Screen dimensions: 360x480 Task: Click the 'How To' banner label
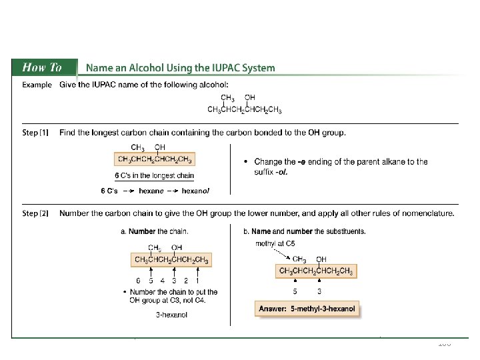(x=42, y=67)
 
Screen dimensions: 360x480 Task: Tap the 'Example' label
(x=37, y=85)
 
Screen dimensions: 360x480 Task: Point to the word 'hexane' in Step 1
(x=151, y=191)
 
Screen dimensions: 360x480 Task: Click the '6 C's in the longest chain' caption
(x=155, y=176)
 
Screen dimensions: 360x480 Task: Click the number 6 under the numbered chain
(x=138, y=281)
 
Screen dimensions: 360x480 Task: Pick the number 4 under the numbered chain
(x=163, y=281)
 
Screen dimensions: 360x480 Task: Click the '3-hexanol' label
(x=172, y=315)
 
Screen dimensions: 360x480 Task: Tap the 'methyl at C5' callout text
(x=275, y=243)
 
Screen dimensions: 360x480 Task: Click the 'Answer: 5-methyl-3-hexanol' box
(x=307, y=309)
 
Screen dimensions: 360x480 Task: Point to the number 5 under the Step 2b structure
(x=295, y=291)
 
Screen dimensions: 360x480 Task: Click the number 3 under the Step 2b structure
(x=320, y=291)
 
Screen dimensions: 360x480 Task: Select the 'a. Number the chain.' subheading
(x=153, y=231)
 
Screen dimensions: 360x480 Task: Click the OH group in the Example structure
(x=250, y=97)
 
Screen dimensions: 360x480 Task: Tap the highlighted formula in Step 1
(x=155, y=159)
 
